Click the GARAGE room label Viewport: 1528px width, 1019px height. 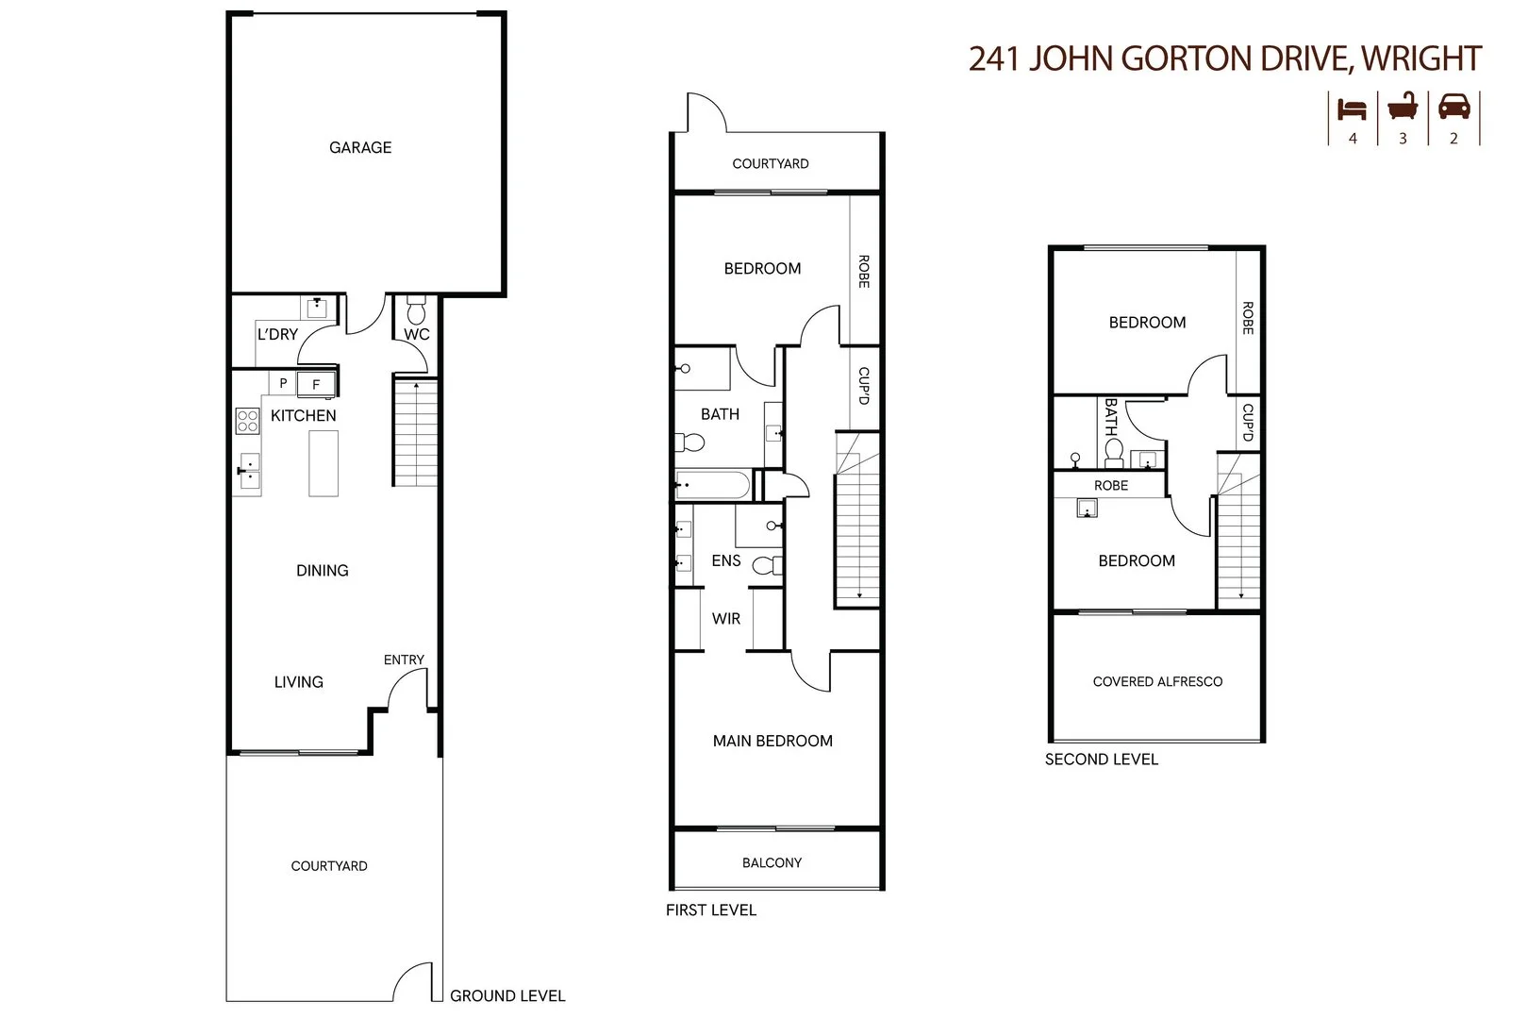pos(360,147)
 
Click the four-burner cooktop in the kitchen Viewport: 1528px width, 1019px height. pos(247,421)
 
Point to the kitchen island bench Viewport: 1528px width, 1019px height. pos(324,462)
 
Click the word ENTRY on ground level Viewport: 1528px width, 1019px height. pos(404,660)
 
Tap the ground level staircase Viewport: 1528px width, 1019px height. pos(415,432)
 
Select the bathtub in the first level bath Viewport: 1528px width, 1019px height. pos(712,486)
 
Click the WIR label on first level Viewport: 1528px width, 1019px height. pos(726,619)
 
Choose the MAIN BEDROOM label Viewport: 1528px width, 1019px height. pos(772,741)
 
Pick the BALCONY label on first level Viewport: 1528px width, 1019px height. pos(772,862)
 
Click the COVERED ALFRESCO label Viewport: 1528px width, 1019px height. pos(1157,681)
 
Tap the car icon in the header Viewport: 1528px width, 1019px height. pos(1453,108)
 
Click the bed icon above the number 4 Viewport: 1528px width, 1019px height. pos(1352,109)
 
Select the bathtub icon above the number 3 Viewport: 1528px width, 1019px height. pos(1403,108)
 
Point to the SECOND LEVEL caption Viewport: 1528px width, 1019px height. pos(1101,759)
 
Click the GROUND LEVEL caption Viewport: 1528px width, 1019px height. pos(507,995)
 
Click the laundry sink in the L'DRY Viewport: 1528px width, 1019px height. pos(317,307)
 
